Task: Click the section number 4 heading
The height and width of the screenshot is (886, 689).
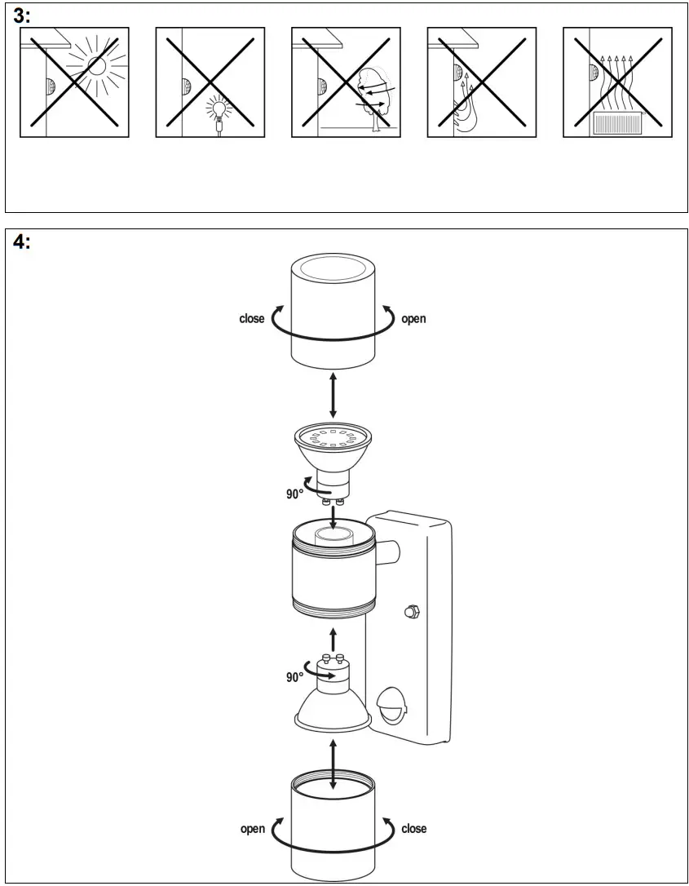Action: tap(21, 241)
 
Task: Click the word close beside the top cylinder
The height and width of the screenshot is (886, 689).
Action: tap(251, 319)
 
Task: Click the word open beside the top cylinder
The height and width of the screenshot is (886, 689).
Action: tap(413, 319)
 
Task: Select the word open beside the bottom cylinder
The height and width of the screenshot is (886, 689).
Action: tap(252, 829)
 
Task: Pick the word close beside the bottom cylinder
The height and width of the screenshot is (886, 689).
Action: tap(413, 829)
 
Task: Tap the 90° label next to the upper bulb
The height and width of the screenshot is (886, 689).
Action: tap(294, 494)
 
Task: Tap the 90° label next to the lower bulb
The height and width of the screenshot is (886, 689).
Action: tap(294, 676)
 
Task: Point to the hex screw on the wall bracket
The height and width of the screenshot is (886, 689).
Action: tap(411, 610)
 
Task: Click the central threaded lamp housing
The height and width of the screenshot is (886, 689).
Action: tap(333, 571)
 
